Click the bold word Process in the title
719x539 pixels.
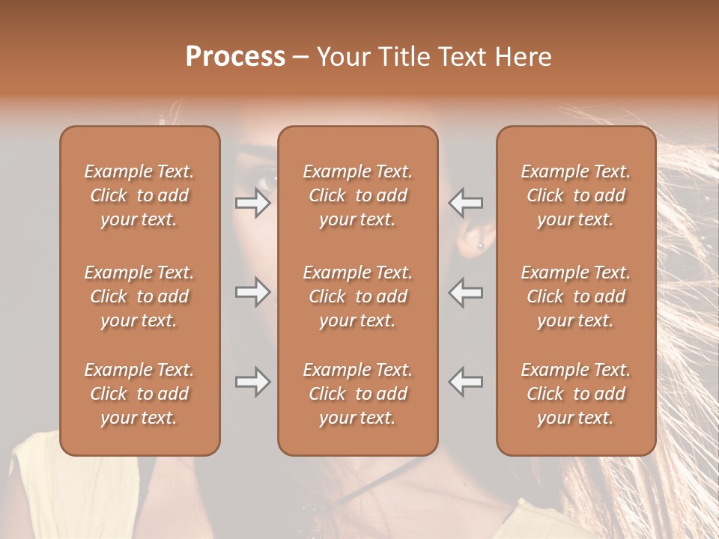[235, 57]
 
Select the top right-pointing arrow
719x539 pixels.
[253, 202]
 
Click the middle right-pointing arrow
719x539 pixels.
[253, 292]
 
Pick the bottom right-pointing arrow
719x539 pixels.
[253, 382]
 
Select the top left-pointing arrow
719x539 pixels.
[466, 202]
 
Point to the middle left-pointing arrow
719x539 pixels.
[466, 292]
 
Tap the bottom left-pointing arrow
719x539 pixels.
[466, 382]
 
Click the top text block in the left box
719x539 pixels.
[139, 195]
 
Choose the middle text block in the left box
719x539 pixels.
[139, 296]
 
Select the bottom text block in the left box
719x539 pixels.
[139, 394]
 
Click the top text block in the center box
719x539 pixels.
[358, 195]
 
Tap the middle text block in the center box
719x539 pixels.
[358, 296]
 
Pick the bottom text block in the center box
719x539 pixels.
[358, 394]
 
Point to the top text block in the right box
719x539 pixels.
[576, 195]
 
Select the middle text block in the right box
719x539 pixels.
[576, 296]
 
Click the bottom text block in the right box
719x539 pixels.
[576, 394]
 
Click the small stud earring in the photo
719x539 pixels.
[480, 245]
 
